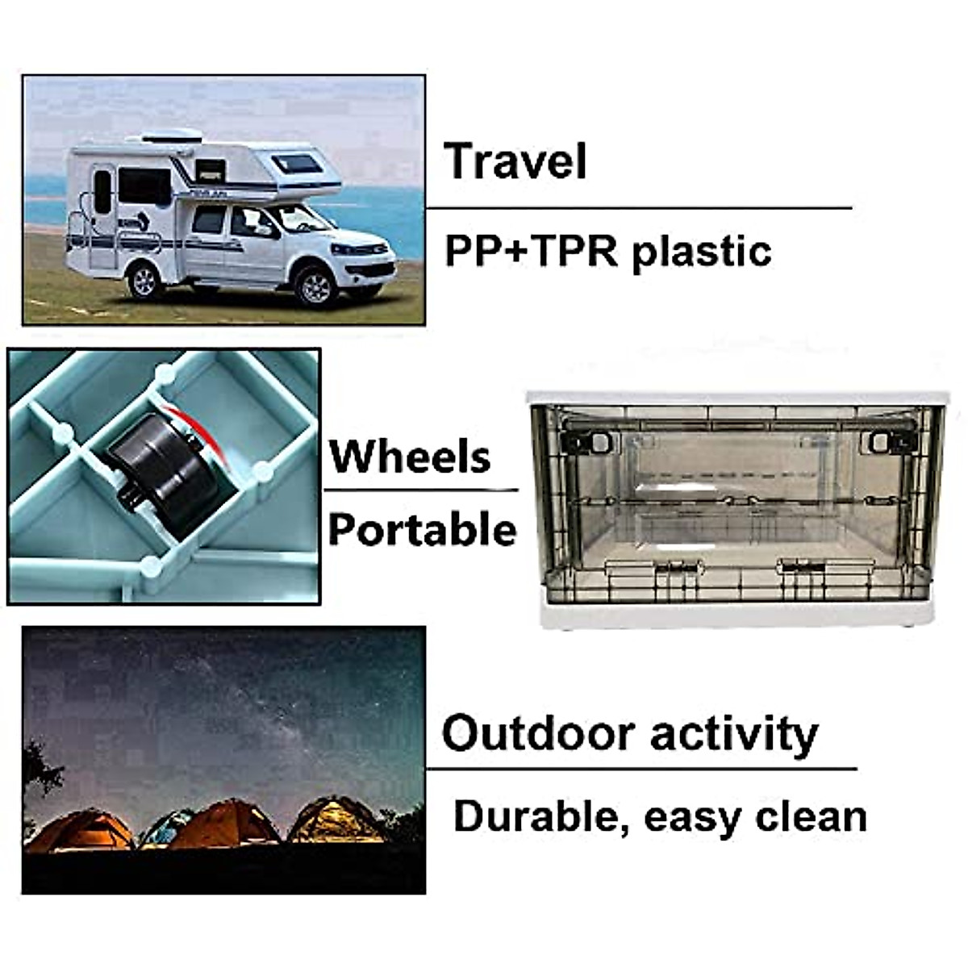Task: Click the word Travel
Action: pos(515,161)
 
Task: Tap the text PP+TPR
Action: pos(531,251)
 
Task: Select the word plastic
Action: pos(702,251)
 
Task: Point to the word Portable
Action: pos(422,530)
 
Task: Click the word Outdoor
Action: pos(538,733)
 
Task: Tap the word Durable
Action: pos(541,816)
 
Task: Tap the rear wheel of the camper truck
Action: pos(145,279)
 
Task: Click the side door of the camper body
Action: pos(102,218)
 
